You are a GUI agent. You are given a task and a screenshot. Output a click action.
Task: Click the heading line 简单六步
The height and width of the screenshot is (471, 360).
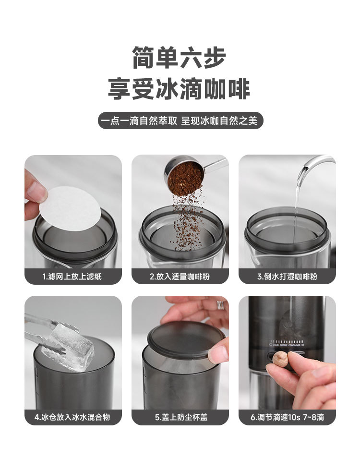click(x=179, y=57)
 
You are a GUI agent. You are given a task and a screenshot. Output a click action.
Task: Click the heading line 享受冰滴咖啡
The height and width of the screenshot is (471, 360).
click(x=179, y=89)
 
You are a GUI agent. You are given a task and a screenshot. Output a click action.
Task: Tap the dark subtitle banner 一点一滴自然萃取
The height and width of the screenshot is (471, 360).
click(x=180, y=121)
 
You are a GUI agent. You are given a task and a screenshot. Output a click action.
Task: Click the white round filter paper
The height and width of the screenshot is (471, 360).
click(x=70, y=208)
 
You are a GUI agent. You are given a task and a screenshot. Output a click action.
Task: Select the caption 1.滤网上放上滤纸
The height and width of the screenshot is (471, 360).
click(x=72, y=277)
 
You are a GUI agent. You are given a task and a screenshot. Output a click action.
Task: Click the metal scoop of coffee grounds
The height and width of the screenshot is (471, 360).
click(x=192, y=174)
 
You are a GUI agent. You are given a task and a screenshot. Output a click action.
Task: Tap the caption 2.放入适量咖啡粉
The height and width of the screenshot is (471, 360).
click(x=180, y=277)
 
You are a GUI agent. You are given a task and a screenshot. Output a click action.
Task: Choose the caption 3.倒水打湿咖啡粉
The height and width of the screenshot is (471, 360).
click(x=288, y=277)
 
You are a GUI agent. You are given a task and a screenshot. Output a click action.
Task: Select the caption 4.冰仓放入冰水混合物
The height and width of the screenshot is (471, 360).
click(x=72, y=417)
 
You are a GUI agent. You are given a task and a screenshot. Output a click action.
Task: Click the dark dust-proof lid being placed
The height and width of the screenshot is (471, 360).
click(x=186, y=339)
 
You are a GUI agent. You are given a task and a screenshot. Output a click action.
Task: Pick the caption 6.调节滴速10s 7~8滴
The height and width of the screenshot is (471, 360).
click(x=288, y=417)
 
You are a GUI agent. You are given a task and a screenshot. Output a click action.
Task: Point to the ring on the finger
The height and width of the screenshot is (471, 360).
click(x=221, y=305)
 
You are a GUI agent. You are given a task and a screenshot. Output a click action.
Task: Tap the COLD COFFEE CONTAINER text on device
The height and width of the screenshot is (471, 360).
click(x=287, y=345)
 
